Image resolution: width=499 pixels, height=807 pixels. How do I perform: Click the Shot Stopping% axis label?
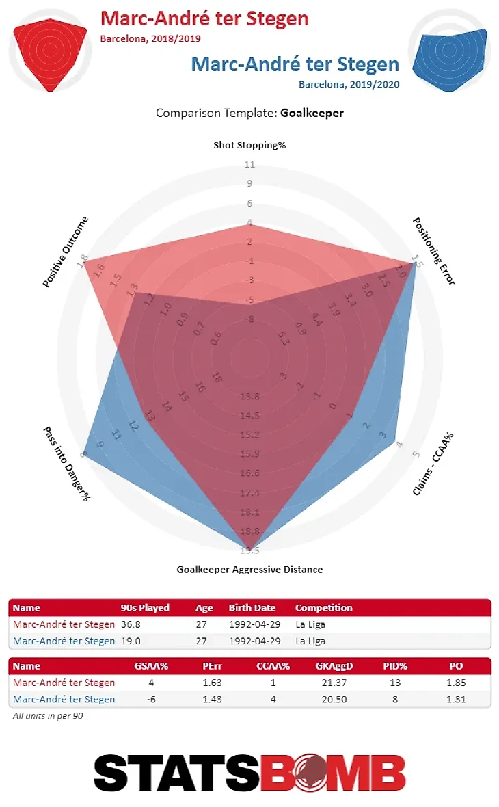pos(249,145)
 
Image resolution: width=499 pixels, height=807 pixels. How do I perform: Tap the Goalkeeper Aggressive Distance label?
pos(249,569)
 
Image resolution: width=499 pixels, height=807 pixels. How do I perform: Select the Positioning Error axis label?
pos(434,251)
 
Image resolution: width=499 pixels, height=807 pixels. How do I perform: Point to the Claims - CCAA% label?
pos(434,464)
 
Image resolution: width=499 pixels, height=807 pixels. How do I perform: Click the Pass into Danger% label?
pos(67,464)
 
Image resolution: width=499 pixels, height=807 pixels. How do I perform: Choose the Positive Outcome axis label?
pos(66,252)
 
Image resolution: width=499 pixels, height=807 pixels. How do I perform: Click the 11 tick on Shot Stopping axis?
pos(249,164)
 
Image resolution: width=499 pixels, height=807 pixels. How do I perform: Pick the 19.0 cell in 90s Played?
pos(131,641)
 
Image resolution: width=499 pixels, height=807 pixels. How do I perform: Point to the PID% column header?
pos(396,665)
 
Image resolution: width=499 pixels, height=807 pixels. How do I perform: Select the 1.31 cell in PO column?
pos(456,699)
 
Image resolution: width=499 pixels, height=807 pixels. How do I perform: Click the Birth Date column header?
pos(253,607)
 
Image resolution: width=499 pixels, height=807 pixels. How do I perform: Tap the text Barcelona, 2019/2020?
pos(349,84)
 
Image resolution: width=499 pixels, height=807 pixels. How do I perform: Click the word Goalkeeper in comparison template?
pos(312,113)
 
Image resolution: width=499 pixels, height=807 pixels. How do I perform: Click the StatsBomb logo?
pos(249,773)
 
